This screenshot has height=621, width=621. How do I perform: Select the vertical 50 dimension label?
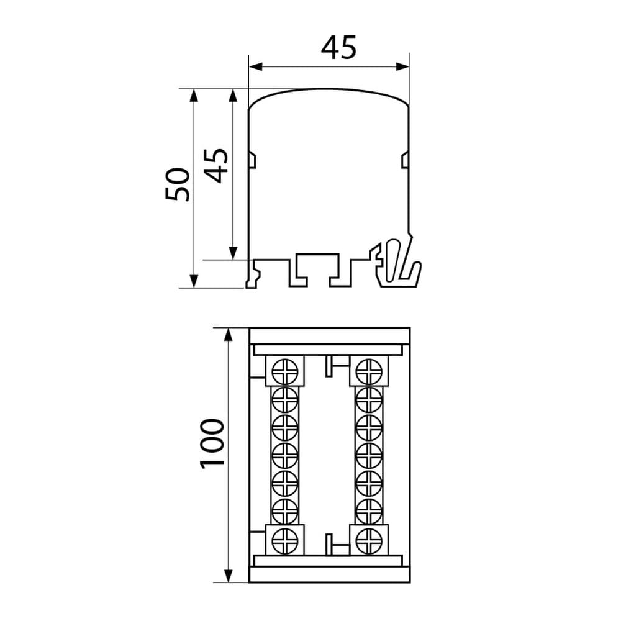coord(177,184)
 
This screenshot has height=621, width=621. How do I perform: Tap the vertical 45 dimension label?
coord(216,166)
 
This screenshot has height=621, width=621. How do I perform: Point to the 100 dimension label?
coord(212,444)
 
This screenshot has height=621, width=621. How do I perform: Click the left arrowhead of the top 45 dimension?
coord(256,66)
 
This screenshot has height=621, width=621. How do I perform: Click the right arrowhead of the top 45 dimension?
coord(402,66)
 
